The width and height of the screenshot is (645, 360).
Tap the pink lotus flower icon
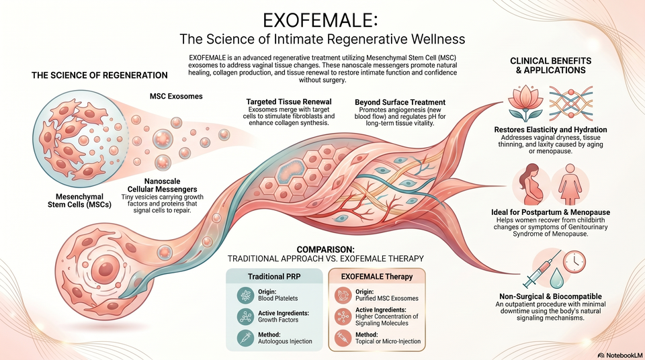525,103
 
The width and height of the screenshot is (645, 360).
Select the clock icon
574,262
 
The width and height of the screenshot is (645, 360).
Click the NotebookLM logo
620,355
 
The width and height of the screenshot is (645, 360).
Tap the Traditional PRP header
273,277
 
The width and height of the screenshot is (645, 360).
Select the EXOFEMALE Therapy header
376,277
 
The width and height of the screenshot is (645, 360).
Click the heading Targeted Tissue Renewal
289,101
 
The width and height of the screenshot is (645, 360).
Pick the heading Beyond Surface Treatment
400,102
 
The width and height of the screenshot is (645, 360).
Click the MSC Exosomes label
176,96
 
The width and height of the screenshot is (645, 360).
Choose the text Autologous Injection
285,341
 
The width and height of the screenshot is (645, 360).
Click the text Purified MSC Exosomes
387,298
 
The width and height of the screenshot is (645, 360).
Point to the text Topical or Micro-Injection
388,341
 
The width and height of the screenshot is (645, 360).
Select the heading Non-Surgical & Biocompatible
550,296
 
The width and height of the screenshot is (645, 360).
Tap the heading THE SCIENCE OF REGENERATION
99,75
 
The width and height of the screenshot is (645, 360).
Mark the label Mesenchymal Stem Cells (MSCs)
79,200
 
